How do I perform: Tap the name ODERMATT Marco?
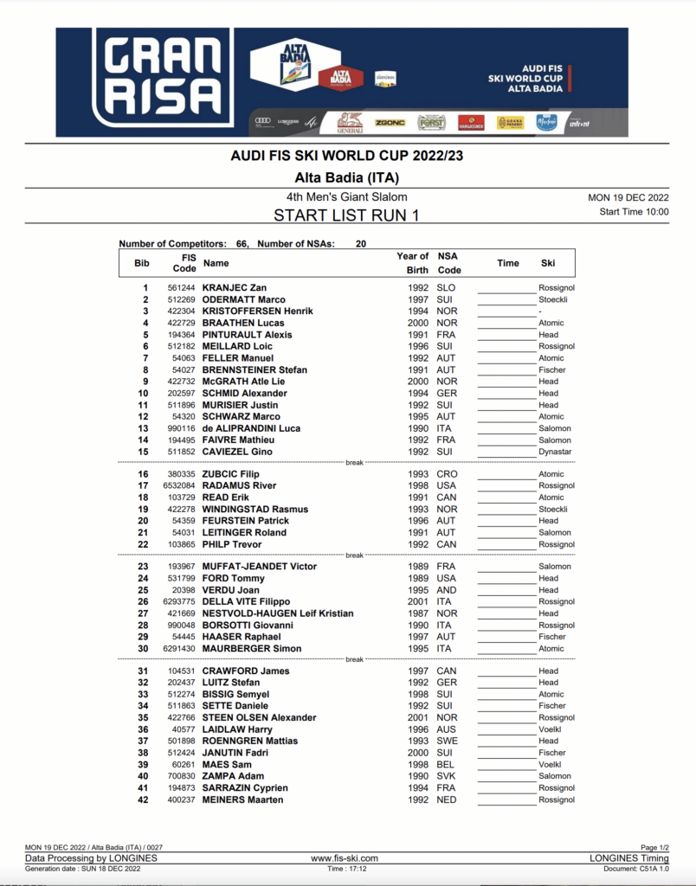[x=243, y=299]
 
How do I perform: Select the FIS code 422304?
[x=181, y=311]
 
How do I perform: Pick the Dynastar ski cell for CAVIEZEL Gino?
[x=555, y=452]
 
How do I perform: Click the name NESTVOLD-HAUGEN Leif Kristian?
[x=277, y=613]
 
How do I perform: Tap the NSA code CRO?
[x=447, y=474]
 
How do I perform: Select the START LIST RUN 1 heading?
[x=346, y=215]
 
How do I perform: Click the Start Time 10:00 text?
[x=634, y=211]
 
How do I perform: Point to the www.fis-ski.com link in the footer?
[x=344, y=858]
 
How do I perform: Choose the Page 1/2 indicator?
[x=654, y=848]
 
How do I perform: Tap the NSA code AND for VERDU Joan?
[x=447, y=590]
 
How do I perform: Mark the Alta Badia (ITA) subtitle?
[x=346, y=177]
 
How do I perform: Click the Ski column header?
[x=548, y=263]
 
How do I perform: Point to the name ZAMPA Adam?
[x=233, y=776]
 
